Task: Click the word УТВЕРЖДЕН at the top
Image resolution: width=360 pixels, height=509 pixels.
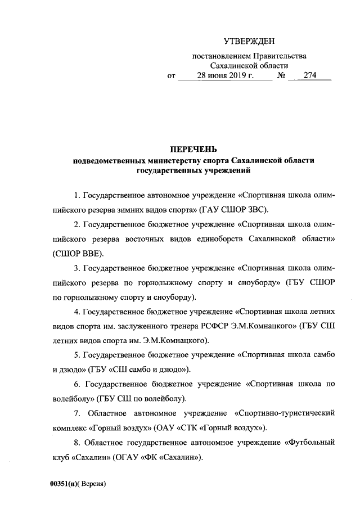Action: click(249, 42)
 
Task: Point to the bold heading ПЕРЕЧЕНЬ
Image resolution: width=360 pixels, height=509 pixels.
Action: click(193, 150)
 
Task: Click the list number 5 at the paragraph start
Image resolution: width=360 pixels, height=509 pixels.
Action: click(76, 355)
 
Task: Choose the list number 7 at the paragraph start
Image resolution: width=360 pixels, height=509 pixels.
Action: click(76, 413)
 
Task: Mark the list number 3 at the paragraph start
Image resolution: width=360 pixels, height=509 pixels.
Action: click(76, 283)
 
